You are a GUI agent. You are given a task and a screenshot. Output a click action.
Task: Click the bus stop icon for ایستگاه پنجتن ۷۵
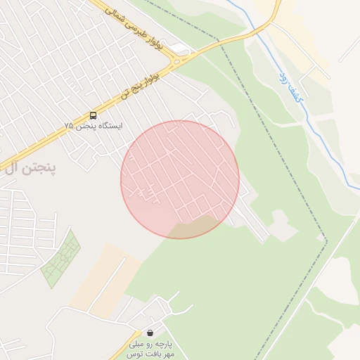click(93, 115)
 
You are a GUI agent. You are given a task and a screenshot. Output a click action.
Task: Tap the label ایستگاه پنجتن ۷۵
click(93, 126)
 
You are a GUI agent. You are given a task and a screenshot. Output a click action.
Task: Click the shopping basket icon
click(150, 332)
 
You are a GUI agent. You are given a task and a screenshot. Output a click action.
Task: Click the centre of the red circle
click(180, 179)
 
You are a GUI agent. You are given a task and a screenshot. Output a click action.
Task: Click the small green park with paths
click(60, 259)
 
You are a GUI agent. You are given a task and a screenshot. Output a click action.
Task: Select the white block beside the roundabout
click(181, 47)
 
